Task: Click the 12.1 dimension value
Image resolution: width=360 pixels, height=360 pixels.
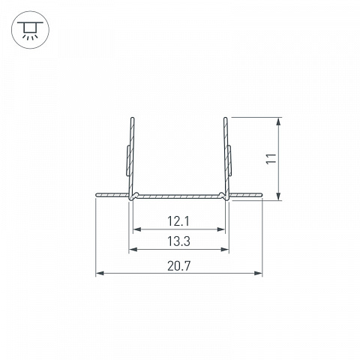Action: tap(178, 221)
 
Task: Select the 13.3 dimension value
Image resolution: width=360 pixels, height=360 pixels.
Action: tap(178, 241)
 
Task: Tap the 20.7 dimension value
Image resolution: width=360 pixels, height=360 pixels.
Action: tap(179, 265)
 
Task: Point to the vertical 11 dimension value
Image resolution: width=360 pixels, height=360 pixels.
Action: tap(271, 158)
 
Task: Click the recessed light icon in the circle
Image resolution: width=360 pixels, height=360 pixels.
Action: tap(30, 30)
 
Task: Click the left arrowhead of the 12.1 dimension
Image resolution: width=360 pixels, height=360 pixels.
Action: tap(137, 229)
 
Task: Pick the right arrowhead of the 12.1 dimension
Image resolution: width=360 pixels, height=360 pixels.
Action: tap(221, 229)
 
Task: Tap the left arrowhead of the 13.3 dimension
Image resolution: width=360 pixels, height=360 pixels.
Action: tap(133, 249)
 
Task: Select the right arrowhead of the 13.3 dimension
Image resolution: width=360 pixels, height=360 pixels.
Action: tap(225, 249)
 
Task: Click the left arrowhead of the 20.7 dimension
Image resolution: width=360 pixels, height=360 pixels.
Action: tap(100, 273)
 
